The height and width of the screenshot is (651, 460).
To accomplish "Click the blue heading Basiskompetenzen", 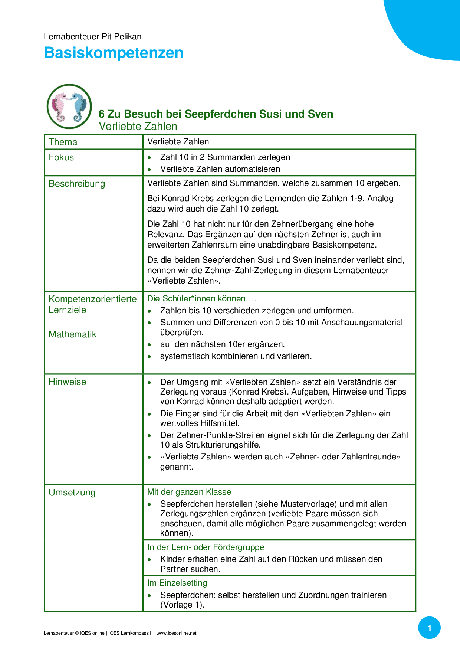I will point(114,53).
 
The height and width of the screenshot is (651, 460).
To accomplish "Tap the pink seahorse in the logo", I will point(60,106).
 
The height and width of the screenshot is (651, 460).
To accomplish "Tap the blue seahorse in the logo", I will point(79,107).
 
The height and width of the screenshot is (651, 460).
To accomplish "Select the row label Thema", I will point(63,142).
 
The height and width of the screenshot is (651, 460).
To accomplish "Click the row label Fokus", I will point(61,157).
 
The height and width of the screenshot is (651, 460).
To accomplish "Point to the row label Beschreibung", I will point(77,184).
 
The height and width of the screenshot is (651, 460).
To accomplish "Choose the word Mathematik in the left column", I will point(72,334).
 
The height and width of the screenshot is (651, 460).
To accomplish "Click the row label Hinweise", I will point(67,382).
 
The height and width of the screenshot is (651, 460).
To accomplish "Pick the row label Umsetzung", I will point(72,493).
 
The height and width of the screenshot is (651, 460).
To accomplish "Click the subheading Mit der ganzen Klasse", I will point(189,492).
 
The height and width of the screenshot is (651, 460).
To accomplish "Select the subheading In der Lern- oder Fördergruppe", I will point(206,547).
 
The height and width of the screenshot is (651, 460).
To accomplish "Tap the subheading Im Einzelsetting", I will point(177,583).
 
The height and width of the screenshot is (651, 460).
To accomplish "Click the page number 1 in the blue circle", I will point(429,628).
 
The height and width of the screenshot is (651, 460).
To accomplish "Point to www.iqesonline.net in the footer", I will point(176,634).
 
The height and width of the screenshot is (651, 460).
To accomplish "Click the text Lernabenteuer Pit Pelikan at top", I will point(92,36).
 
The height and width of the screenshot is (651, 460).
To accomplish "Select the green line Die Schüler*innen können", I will point(201,299).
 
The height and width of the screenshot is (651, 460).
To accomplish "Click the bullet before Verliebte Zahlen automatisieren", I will point(149,170).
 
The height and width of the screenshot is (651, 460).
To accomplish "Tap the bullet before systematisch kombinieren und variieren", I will point(149,357).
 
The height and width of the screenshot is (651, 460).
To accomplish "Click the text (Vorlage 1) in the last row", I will point(182,605).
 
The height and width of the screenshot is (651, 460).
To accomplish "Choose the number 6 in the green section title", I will point(102,114).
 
